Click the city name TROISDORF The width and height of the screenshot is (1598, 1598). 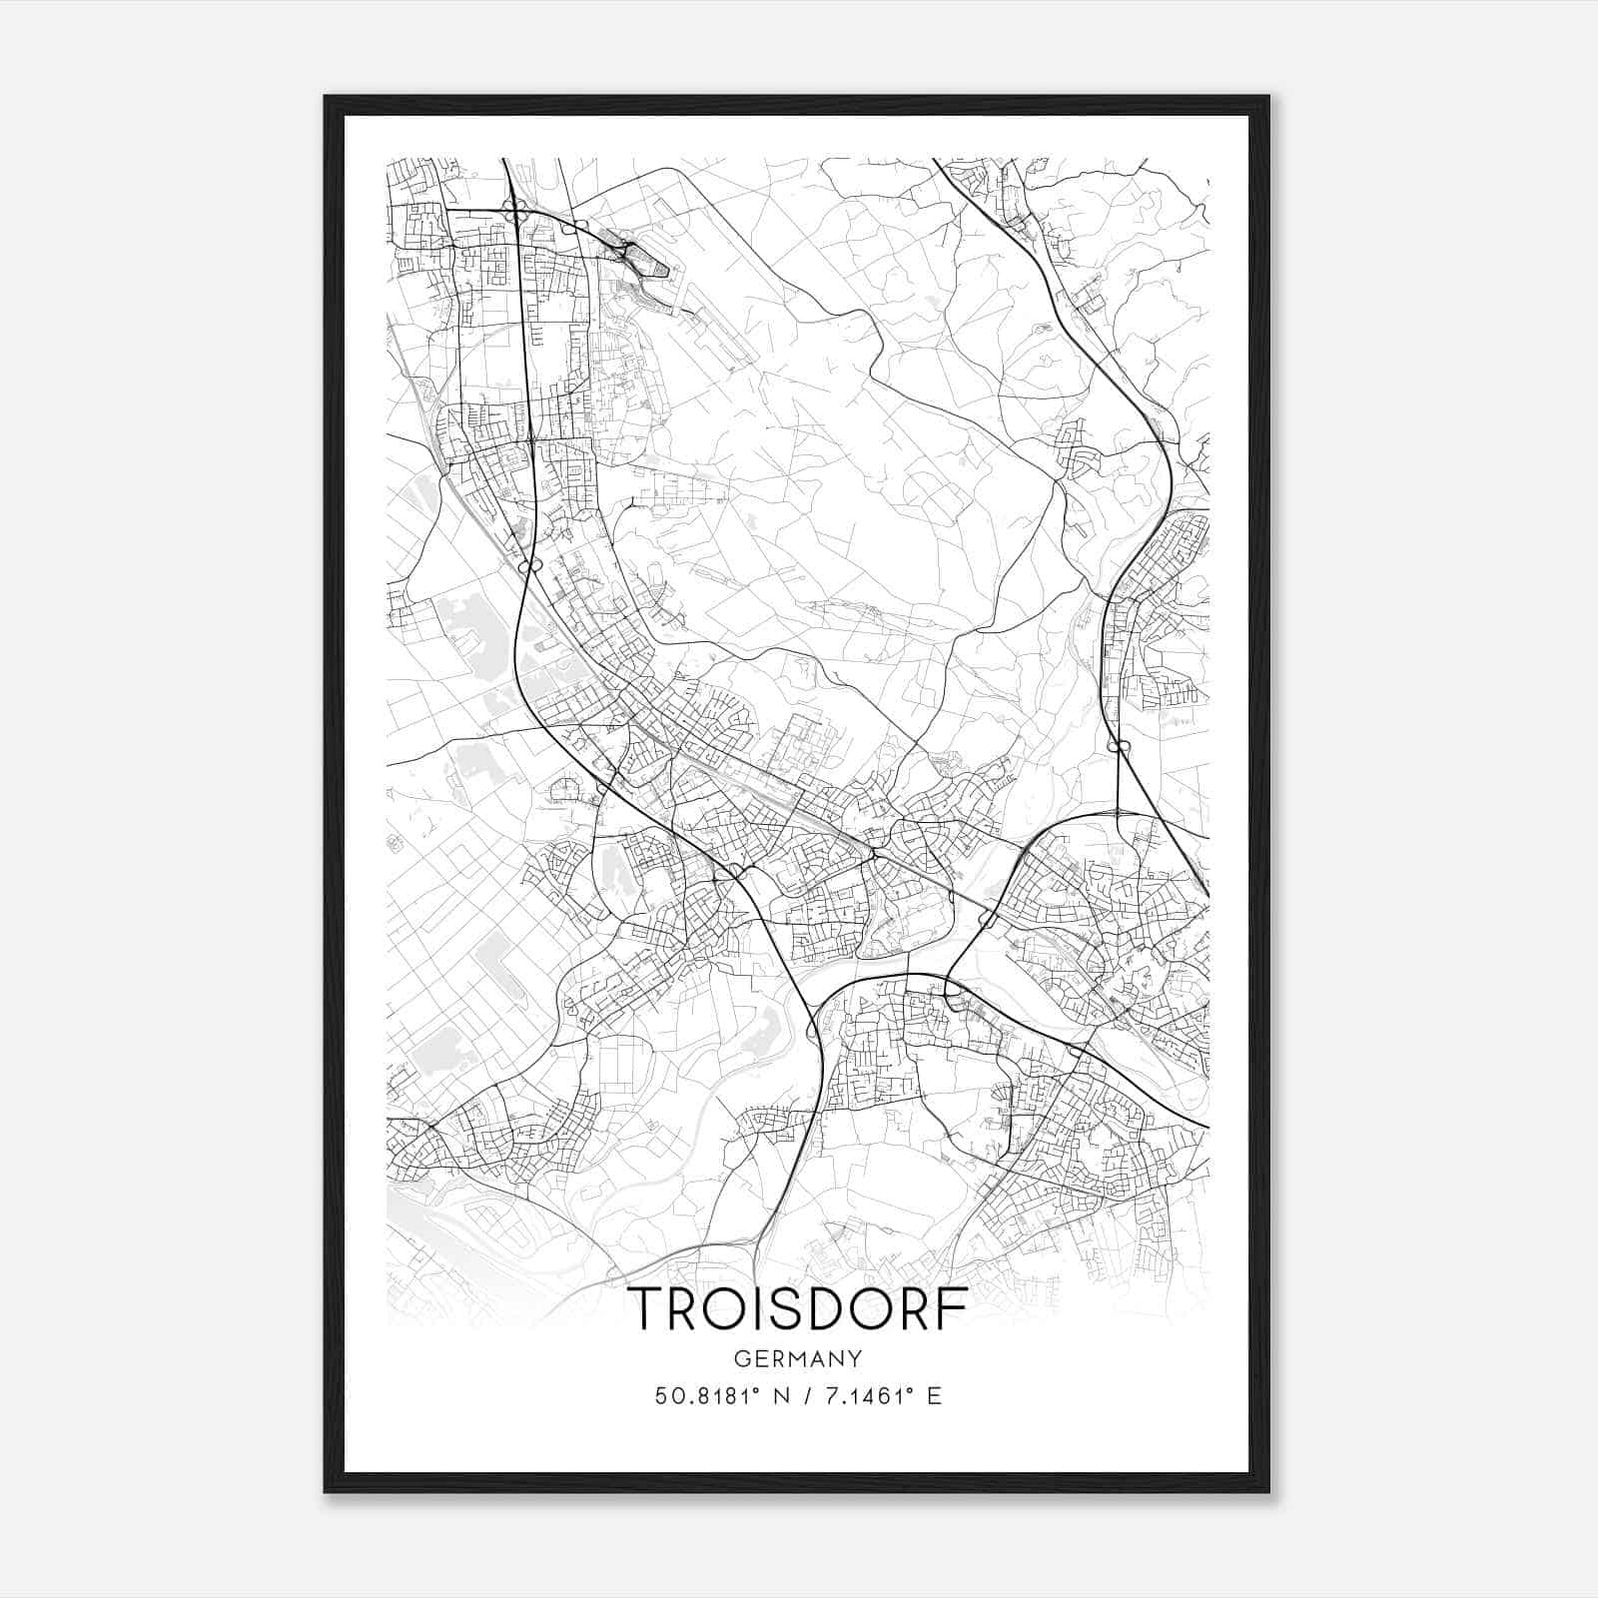tap(798, 1309)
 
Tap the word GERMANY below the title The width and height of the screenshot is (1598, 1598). tap(798, 1359)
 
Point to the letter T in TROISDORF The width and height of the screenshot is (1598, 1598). tap(647, 1309)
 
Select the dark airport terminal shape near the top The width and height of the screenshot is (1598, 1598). tap(654, 268)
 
